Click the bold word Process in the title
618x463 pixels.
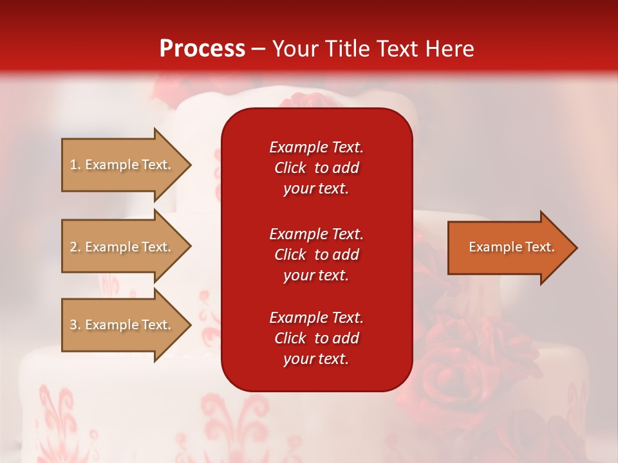(x=202, y=49)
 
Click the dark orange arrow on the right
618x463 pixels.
(x=509, y=248)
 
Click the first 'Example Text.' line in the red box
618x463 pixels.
(x=316, y=147)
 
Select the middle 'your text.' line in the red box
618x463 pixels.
(x=316, y=275)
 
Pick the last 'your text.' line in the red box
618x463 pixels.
(x=316, y=359)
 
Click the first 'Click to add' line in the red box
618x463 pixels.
(x=316, y=168)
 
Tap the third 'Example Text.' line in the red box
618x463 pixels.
(x=316, y=318)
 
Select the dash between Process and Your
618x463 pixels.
(x=258, y=50)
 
